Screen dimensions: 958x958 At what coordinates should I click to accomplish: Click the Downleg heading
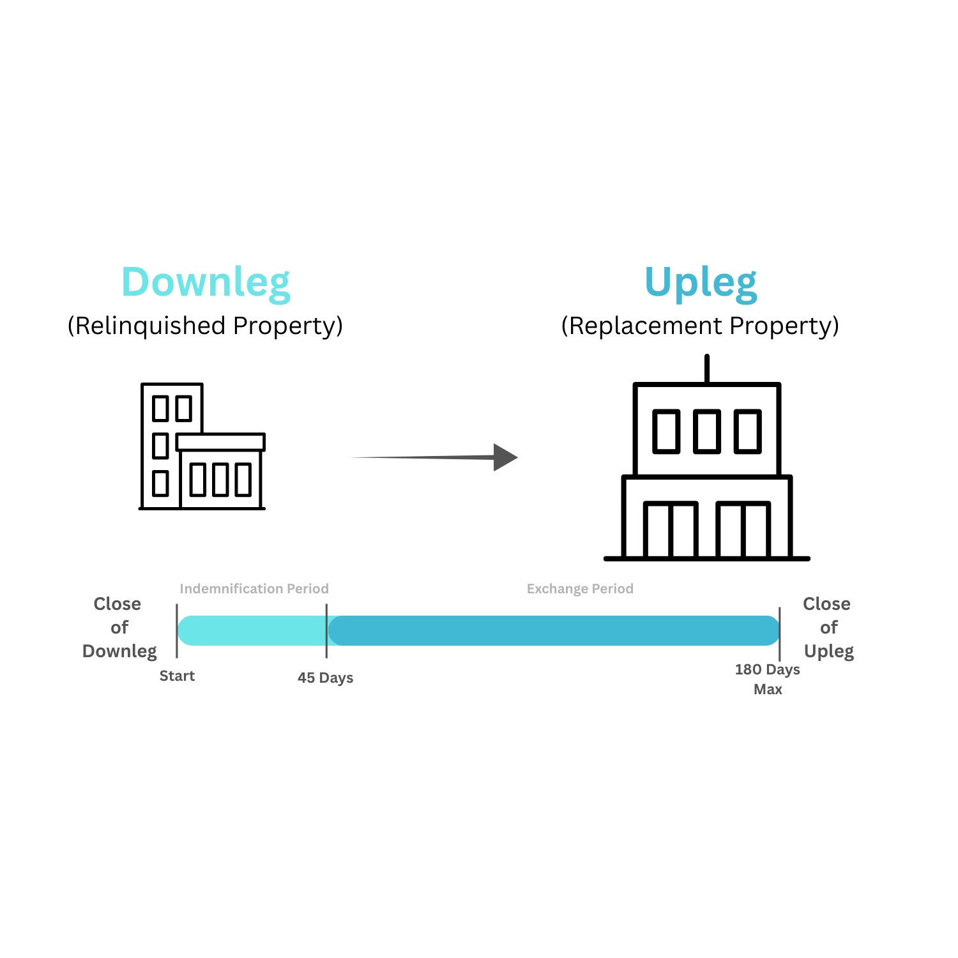tap(206, 282)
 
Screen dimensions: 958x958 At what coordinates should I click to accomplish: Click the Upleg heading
tap(701, 282)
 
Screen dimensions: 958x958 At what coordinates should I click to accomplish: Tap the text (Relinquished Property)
tap(205, 326)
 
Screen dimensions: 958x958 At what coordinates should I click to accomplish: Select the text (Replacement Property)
tap(700, 326)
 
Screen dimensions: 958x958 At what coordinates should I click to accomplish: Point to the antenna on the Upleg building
tap(707, 369)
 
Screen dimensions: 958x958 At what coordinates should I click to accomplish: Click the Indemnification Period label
tap(254, 589)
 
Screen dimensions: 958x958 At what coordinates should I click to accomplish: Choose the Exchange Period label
tap(580, 589)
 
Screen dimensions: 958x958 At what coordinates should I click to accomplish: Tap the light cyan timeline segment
tap(252, 630)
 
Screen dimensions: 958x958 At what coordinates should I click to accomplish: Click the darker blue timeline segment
tap(553, 630)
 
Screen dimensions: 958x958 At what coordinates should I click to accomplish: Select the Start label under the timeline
tap(177, 676)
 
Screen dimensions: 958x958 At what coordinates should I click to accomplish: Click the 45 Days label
tap(325, 678)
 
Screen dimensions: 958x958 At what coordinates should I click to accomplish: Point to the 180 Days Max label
tap(767, 679)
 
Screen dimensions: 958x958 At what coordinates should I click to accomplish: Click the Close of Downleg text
tap(119, 627)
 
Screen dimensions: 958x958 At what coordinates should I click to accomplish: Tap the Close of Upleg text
tap(828, 627)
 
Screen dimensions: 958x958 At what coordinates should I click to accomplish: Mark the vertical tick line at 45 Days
tap(326, 631)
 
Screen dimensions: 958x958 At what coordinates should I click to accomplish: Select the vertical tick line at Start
tap(177, 631)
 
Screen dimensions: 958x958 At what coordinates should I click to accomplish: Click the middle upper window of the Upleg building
tap(707, 432)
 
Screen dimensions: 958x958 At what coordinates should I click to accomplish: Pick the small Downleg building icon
tap(202, 446)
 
